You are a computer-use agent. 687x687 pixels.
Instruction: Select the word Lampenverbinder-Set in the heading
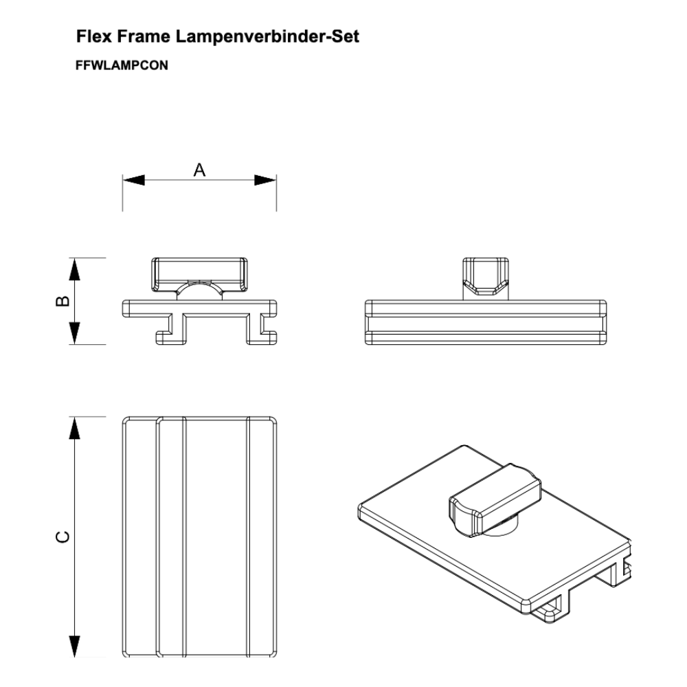[267, 36]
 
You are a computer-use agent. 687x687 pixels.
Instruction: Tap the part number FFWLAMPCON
[122, 65]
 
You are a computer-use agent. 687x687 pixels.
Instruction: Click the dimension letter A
[199, 170]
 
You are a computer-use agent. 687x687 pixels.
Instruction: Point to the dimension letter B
[63, 301]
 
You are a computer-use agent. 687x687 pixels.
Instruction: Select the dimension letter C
[63, 537]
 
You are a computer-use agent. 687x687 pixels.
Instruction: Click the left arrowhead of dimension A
[133, 180]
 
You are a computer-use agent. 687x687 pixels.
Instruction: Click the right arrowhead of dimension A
[265, 180]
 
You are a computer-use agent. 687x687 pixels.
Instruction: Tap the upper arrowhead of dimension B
[75, 269]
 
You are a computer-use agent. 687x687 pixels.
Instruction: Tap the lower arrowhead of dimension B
[75, 333]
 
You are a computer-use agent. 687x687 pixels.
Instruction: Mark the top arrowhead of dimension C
[75, 427]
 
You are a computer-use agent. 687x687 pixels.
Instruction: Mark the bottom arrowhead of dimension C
[75, 646]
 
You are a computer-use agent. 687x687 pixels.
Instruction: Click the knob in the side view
[486, 276]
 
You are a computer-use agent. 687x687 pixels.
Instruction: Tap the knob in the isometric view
[495, 499]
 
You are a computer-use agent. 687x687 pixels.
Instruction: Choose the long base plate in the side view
[486, 322]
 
